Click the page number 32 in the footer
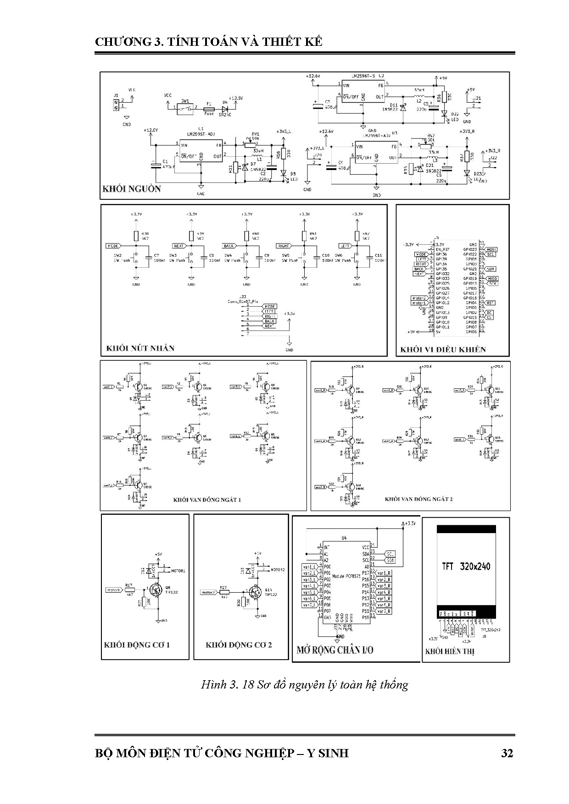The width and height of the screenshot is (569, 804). (x=507, y=753)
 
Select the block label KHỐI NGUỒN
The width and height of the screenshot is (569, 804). (x=131, y=189)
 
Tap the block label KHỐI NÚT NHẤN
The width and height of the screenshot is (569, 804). (x=140, y=348)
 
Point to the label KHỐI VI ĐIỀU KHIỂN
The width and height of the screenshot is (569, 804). (x=443, y=349)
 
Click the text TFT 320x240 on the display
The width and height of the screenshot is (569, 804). (x=466, y=566)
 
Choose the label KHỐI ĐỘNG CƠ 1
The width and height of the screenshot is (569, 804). (x=137, y=644)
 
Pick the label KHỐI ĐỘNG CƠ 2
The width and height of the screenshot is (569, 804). (x=239, y=644)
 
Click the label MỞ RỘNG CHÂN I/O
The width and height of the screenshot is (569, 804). (x=335, y=650)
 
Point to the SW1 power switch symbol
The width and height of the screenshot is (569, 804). (x=186, y=108)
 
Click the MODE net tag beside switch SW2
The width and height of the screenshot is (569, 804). (x=113, y=246)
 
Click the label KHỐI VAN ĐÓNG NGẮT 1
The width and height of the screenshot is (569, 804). (x=207, y=499)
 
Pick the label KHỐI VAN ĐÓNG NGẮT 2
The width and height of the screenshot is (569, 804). (x=418, y=498)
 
